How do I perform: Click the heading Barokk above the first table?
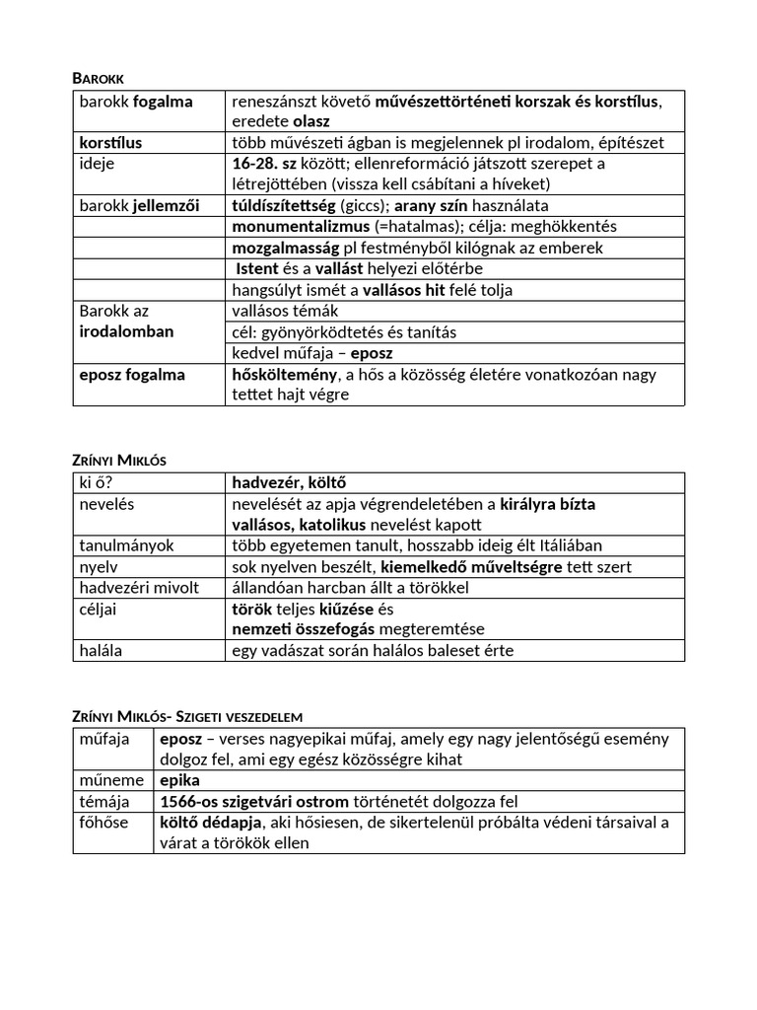(x=100, y=77)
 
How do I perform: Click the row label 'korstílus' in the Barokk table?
(x=110, y=143)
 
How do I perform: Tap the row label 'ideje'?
(x=97, y=163)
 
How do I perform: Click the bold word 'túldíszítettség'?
(x=283, y=205)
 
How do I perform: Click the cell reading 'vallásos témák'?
(x=284, y=311)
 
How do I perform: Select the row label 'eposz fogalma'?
(x=132, y=375)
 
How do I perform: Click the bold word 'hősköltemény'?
(x=284, y=375)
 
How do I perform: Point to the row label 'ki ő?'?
(x=97, y=483)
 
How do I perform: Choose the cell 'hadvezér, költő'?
(x=289, y=483)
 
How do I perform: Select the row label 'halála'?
(x=103, y=650)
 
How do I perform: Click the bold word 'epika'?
(x=179, y=780)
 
